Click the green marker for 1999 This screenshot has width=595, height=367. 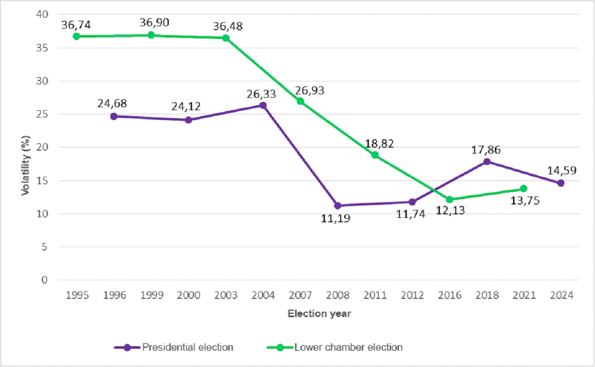point(151,35)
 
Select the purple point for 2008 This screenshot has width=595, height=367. point(338,205)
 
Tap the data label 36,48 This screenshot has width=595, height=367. point(228,26)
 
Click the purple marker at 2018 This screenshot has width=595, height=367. point(487,162)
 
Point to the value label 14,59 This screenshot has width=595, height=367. point(561,171)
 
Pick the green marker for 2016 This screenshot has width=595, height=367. point(449,200)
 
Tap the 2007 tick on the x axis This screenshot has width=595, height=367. point(300,295)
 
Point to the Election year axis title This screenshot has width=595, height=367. point(319,314)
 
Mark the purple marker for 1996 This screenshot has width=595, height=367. point(114,116)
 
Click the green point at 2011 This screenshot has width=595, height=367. point(375,155)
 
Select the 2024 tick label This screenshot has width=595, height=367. point(561,295)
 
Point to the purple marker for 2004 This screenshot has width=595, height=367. point(263,105)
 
